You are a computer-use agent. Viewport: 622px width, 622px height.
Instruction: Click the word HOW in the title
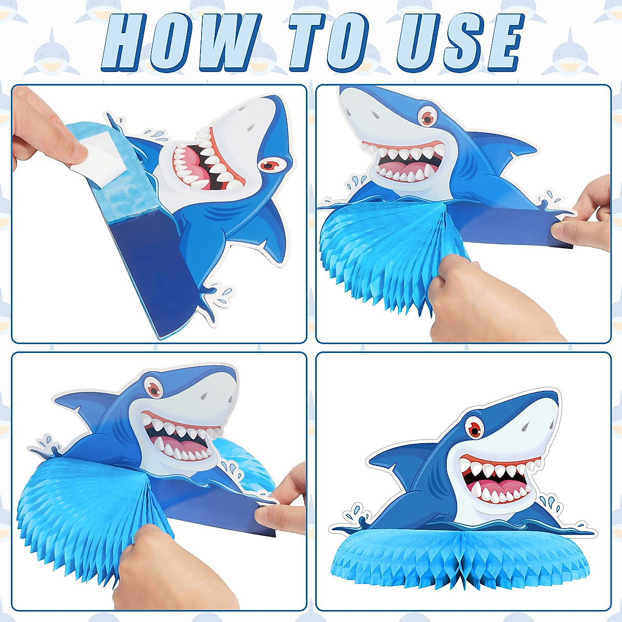179,43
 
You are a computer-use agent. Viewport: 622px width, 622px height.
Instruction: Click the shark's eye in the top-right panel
428,118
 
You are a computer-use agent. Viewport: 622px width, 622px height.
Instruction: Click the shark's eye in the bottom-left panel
153,388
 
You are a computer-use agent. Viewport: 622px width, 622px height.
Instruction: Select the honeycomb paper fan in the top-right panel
373,249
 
